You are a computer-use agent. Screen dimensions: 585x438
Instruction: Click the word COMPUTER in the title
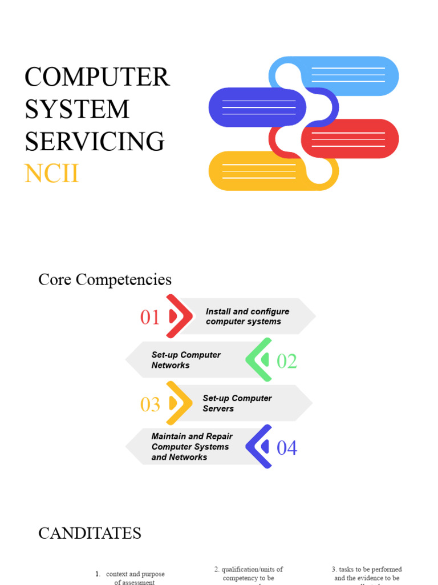click(x=97, y=77)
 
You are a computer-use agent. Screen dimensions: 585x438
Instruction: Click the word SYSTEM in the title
click(x=77, y=109)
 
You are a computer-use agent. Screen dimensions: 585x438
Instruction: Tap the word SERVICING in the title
click(x=95, y=141)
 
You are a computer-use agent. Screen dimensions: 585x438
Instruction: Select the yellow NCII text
click(x=51, y=174)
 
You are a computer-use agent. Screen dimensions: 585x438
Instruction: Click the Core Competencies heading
click(x=105, y=280)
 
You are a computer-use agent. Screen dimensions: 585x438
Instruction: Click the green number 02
click(x=287, y=361)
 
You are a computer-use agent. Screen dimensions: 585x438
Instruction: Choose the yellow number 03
click(x=150, y=404)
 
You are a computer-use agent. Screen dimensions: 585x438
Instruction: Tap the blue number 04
click(x=287, y=448)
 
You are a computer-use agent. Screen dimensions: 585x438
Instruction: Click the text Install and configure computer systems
click(x=247, y=316)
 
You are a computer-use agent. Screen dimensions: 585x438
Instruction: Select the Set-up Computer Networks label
click(x=186, y=360)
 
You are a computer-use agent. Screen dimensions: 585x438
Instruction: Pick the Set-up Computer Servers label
click(x=237, y=403)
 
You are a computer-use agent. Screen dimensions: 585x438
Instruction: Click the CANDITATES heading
click(x=90, y=534)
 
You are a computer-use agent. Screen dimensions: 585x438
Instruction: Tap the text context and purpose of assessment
click(x=135, y=578)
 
